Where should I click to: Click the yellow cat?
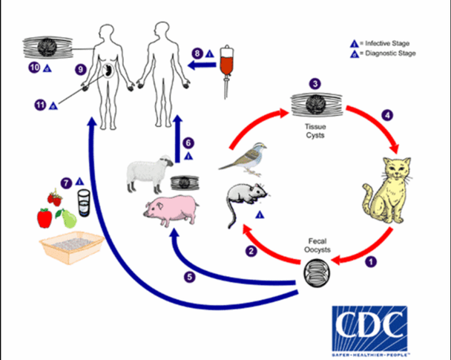[387, 192]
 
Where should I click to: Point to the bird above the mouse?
[245, 159]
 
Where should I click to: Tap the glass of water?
[84, 203]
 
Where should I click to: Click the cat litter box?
[72, 247]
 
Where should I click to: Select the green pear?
[68, 218]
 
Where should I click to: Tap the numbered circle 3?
[315, 84]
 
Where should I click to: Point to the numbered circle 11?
[40, 105]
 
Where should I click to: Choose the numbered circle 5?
[190, 277]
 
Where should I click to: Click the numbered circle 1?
[371, 261]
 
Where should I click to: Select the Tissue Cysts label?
[315, 131]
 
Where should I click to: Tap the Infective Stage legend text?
[387, 44]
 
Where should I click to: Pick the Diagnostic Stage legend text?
[390, 53]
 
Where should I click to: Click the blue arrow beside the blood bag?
[202, 66]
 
